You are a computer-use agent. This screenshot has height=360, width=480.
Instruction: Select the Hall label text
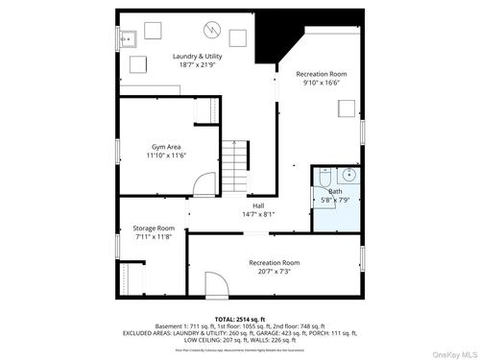258,205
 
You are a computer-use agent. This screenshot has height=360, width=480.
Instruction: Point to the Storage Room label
153,228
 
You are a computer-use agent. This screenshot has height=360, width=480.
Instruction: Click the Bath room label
335,191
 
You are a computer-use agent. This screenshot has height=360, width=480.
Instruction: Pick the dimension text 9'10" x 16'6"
321,84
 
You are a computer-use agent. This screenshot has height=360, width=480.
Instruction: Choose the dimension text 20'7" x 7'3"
275,272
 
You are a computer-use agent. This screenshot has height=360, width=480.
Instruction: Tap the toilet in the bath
324,178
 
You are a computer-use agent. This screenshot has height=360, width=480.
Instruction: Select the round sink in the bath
349,176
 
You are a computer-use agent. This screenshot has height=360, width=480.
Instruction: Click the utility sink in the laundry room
128,39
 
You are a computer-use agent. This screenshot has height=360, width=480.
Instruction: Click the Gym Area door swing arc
204,184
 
